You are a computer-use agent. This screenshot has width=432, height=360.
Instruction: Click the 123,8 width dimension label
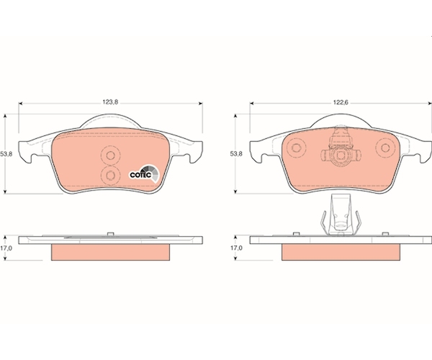click(110, 102)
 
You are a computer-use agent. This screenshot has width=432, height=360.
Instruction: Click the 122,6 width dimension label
click(341, 102)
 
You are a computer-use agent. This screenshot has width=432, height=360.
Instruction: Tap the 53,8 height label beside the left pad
click(6, 154)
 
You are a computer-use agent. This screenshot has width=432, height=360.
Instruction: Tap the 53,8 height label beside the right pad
click(236, 154)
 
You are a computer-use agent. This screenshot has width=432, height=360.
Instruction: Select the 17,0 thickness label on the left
click(6, 248)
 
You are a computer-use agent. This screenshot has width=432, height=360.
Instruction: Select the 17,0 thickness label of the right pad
click(236, 248)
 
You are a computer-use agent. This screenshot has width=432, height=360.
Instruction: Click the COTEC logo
click(145, 174)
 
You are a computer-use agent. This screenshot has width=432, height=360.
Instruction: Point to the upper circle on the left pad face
click(110, 156)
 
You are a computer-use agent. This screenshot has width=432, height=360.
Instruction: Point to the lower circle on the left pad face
click(110, 175)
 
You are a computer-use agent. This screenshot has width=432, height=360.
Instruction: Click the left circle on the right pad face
click(296, 148)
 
